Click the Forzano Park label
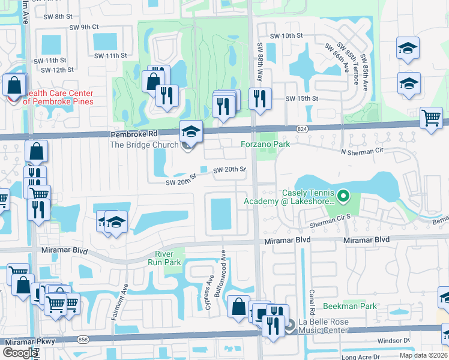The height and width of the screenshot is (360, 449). point(265,144)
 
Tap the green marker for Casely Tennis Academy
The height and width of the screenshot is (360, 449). point(343,196)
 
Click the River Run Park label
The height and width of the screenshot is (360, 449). point(168,258)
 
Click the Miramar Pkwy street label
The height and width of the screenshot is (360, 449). point(23,341)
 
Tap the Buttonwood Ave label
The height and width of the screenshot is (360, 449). point(223,263)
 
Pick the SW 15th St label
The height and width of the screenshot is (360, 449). point(301,98)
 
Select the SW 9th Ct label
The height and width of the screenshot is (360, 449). point(83,27)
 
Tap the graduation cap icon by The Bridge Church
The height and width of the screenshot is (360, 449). point(191,130)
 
